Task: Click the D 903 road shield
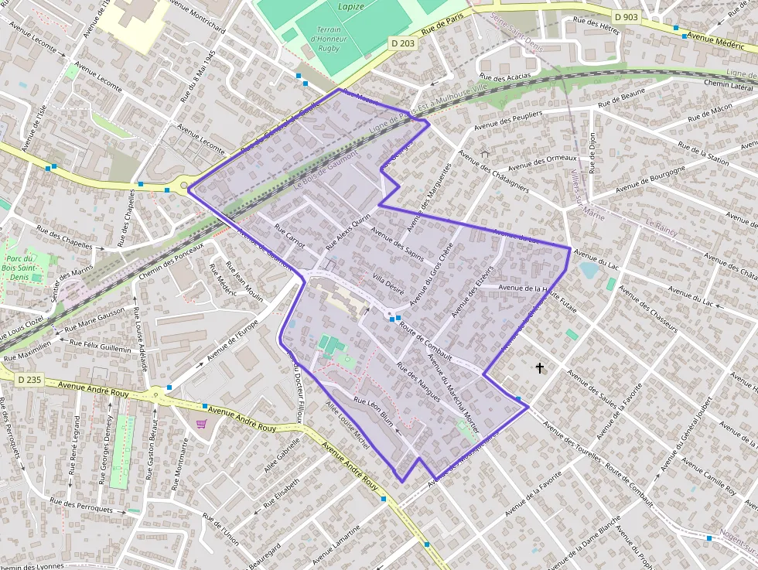point(626,16)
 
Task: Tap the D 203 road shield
point(403,44)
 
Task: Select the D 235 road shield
point(29,380)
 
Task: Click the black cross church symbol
point(539,368)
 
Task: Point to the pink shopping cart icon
point(202,424)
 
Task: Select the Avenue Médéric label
point(715,40)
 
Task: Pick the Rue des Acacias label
point(505,77)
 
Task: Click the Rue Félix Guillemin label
point(101,345)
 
